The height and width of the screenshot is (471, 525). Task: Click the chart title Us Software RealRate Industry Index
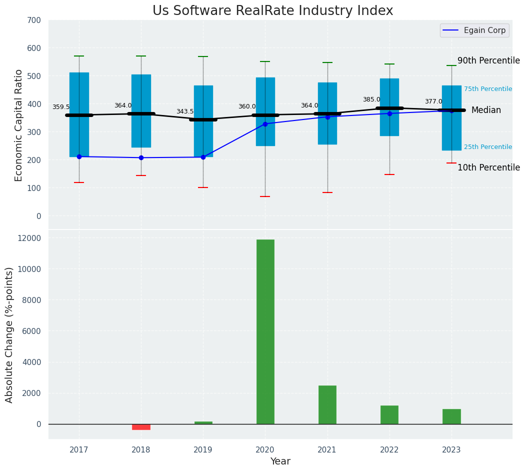click(272, 11)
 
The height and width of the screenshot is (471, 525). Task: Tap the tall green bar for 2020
click(265, 331)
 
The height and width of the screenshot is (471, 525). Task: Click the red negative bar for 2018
click(141, 426)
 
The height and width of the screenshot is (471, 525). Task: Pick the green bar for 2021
click(327, 404)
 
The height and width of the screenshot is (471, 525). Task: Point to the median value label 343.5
click(184, 111)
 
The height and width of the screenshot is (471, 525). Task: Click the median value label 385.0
click(371, 99)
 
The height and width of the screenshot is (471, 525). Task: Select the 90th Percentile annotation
click(488, 60)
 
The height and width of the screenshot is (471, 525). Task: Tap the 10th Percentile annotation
click(488, 167)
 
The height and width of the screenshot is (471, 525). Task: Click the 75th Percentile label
click(487, 89)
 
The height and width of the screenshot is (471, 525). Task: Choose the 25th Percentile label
click(487, 147)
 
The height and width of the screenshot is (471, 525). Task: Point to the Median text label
click(486, 110)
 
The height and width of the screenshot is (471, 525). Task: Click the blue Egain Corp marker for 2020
click(265, 124)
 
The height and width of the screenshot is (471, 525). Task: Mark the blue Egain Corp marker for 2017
click(79, 156)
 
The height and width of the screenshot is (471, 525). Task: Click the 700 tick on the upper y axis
click(34, 20)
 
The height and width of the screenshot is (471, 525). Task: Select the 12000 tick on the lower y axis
click(30, 238)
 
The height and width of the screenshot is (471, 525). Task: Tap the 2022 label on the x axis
click(389, 449)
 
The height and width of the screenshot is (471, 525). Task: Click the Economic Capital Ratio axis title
click(19, 125)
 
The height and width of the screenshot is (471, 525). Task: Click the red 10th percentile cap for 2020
click(265, 196)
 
